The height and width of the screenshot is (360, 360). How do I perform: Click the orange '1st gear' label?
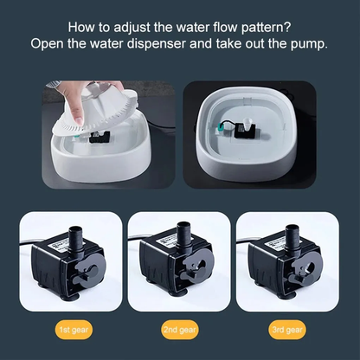point(66,331)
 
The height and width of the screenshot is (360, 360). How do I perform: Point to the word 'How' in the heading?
point(83,27)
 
